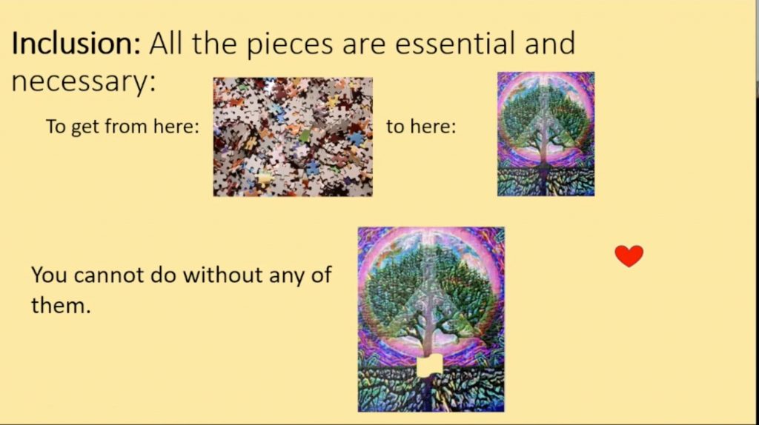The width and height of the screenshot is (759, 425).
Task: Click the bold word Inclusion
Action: (76, 43)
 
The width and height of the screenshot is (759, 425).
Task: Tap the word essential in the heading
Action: (454, 43)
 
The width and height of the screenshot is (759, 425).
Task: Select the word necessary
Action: (83, 81)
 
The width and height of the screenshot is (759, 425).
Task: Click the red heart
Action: (629, 255)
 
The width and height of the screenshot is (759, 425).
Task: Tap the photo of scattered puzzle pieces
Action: (293, 137)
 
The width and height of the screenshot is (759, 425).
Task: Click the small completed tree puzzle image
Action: (546, 134)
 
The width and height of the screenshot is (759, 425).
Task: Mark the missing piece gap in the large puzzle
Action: (430, 366)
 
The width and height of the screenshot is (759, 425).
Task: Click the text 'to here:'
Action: (421, 127)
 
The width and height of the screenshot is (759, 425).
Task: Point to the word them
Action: (61, 306)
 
